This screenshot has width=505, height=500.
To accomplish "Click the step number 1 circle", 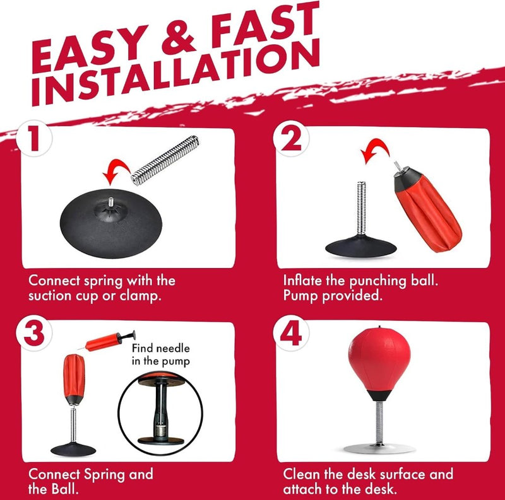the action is [x=34, y=139].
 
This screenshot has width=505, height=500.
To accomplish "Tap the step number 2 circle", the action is [x=291, y=139].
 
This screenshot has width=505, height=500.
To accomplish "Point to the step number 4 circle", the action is [x=291, y=333].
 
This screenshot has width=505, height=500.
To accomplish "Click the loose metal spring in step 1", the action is [x=165, y=161].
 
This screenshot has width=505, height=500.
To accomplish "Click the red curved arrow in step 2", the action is [x=375, y=149].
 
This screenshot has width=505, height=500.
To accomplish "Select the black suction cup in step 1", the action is [x=111, y=223].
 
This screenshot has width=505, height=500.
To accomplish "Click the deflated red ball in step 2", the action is [x=427, y=209].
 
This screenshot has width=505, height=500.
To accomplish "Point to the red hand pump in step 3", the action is [x=107, y=341].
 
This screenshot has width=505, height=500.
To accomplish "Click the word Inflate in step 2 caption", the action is [x=303, y=280].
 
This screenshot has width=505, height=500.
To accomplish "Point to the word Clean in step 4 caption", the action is [x=302, y=474].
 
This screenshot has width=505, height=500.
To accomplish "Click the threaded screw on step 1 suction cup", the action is [x=111, y=202].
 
